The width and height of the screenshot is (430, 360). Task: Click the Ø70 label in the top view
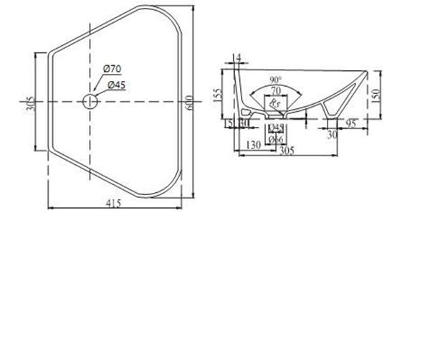click(113, 68)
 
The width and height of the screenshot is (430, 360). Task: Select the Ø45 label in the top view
click(116, 85)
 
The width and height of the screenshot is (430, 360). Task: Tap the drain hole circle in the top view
click(89, 101)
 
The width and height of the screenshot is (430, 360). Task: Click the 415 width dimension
click(113, 204)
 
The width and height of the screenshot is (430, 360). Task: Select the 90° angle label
click(274, 79)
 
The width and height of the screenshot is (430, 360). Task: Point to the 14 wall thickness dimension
click(238, 56)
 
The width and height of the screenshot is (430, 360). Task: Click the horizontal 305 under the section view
click(286, 151)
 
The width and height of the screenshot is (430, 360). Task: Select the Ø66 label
click(274, 139)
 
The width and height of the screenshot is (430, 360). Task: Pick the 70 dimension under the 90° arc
click(274, 90)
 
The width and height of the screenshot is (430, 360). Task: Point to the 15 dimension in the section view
click(227, 124)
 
